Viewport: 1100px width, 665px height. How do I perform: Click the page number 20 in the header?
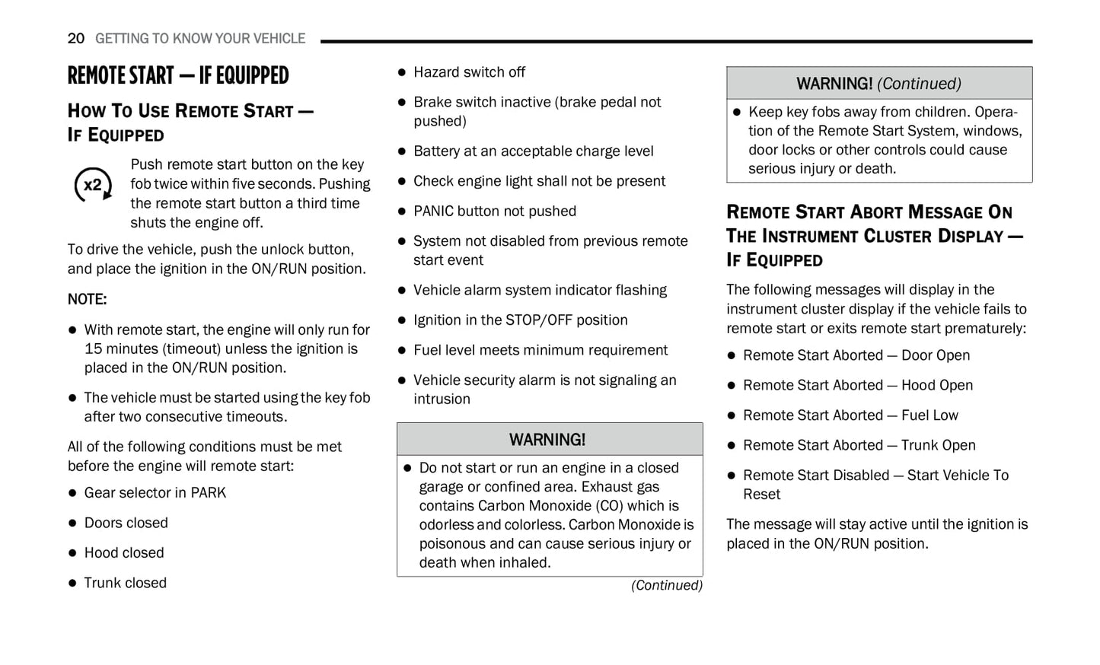pos(75,38)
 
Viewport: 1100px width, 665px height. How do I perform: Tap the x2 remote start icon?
pos(93,185)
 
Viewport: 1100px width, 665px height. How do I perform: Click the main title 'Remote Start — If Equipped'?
pos(178,75)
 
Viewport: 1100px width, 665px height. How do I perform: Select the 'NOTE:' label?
pos(87,299)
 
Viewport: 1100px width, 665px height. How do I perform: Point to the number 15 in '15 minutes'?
pos(93,348)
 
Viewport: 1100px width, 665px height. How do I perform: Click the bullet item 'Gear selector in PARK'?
pos(155,492)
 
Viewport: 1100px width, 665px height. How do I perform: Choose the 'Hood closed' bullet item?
pos(123,552)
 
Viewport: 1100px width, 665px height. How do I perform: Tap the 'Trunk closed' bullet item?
pos(125,583)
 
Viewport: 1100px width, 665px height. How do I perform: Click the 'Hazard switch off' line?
pos(469,72)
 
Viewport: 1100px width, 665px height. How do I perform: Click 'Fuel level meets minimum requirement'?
pos(540,350)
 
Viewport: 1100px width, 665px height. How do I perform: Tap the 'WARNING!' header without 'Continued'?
pos(547,440)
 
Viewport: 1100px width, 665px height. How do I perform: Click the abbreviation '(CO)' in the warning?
pos(610,506)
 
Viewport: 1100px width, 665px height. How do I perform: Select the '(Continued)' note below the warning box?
pos(666,585)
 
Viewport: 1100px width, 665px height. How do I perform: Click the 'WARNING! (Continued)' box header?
pos(878,84)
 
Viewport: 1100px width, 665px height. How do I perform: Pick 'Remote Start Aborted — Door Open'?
pos(856,355)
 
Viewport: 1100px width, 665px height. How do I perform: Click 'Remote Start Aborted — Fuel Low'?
pos(850,415)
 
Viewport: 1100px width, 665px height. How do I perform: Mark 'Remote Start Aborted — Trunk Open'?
pos(859,445)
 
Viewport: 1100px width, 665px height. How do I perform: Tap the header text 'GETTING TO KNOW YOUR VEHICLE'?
pos(200,38)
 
